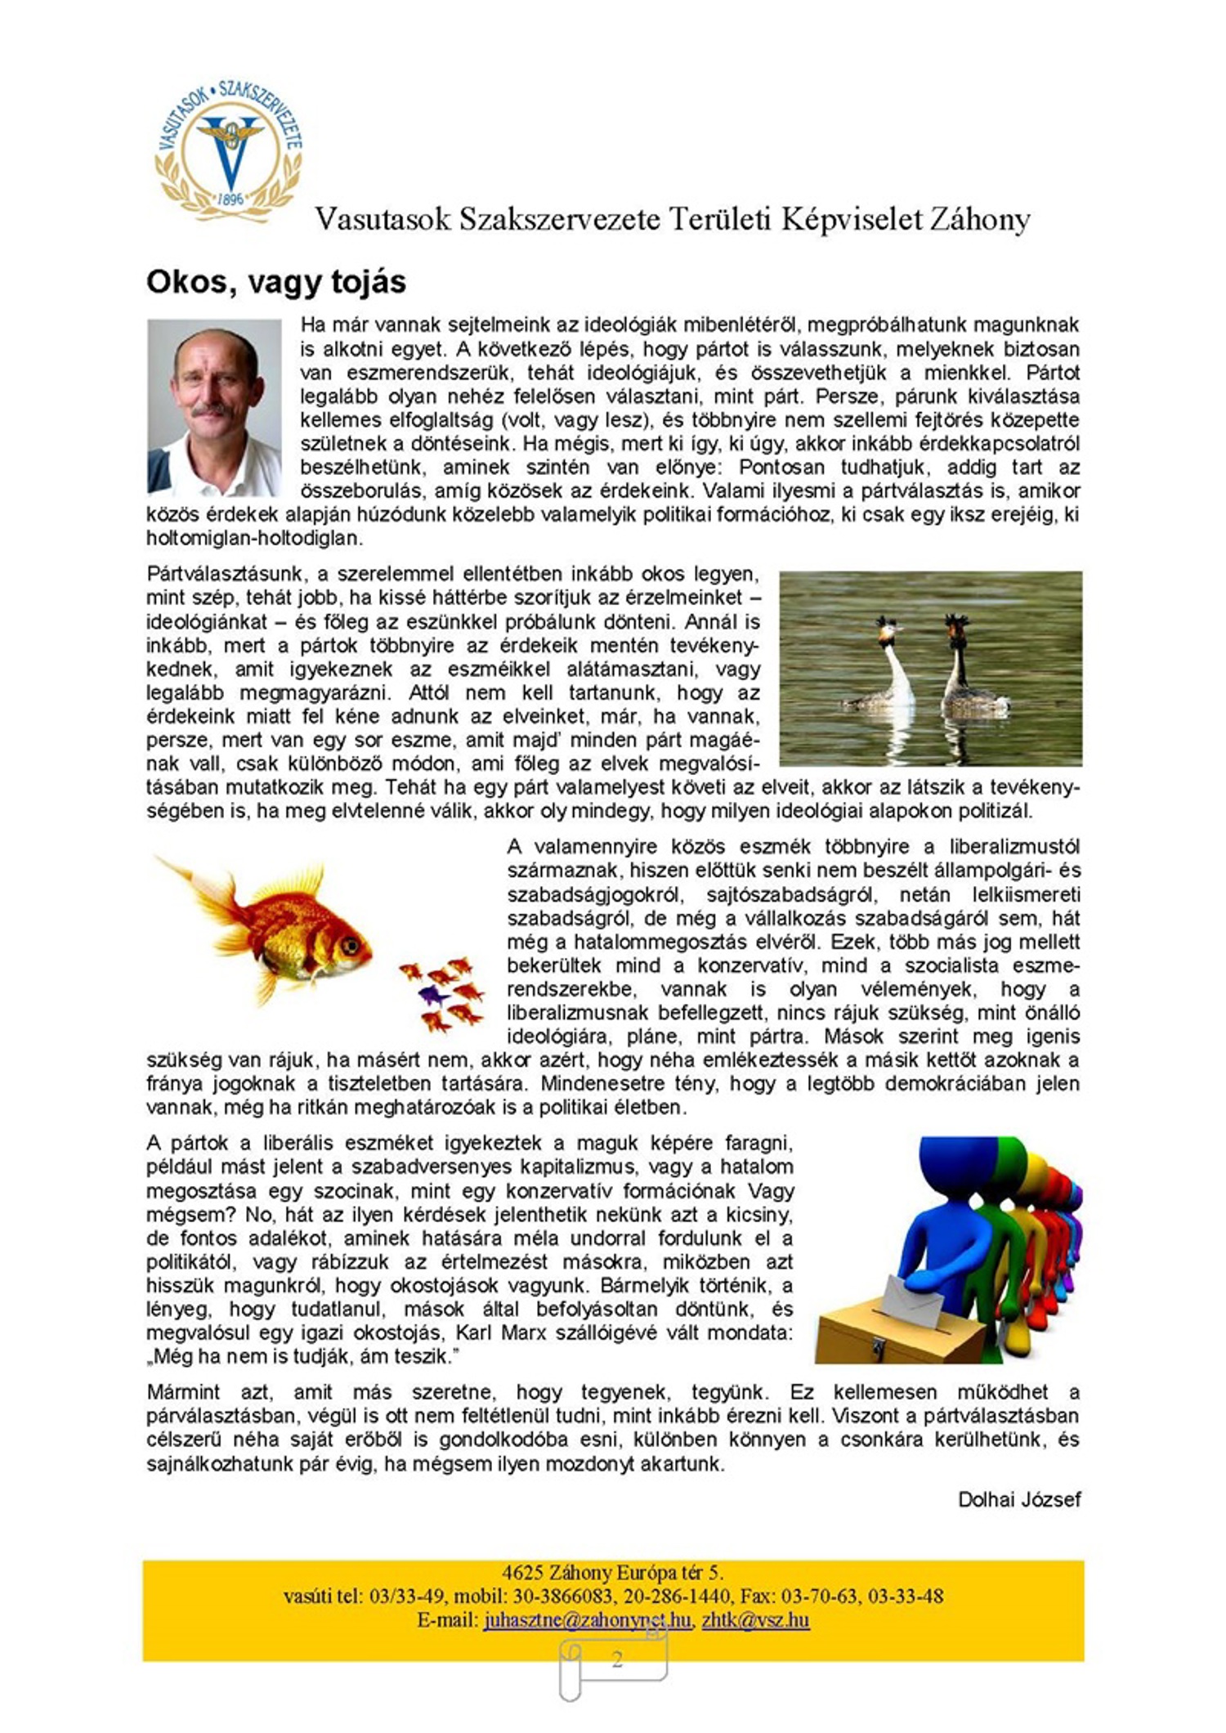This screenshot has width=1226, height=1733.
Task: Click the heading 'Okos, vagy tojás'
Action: tap(275, 282)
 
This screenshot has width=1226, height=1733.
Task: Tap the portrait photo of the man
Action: tap(214, 407)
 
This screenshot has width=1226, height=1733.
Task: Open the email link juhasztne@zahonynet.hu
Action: tap(587, 1620)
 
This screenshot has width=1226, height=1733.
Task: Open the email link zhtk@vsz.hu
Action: tap(755, 1620)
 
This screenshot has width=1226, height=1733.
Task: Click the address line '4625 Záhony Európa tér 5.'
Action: tap(612, 1572)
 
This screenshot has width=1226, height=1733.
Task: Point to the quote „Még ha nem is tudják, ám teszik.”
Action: tap(299, 1356)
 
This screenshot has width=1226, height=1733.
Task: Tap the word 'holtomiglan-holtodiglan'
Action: tap(253, 539)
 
